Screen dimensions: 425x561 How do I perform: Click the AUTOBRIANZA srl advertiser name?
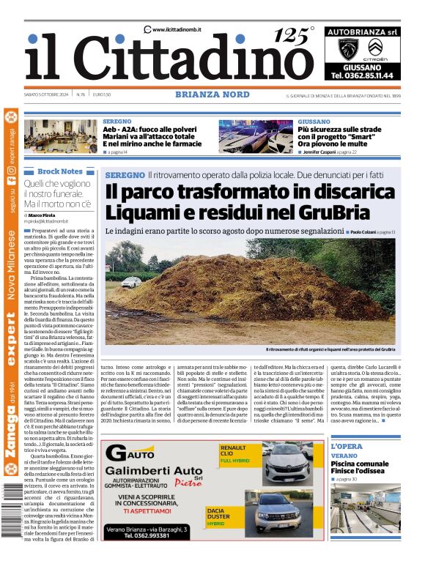tap(363, 32)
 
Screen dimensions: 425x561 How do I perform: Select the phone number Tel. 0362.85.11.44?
tap(363, 75)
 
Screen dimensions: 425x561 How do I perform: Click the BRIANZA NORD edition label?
tap(204, 94)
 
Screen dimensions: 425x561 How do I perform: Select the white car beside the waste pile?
tap(131, 282)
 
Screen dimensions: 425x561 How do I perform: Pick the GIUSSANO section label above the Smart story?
tap(314, 121)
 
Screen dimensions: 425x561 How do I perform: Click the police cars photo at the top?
tap(255, 136)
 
